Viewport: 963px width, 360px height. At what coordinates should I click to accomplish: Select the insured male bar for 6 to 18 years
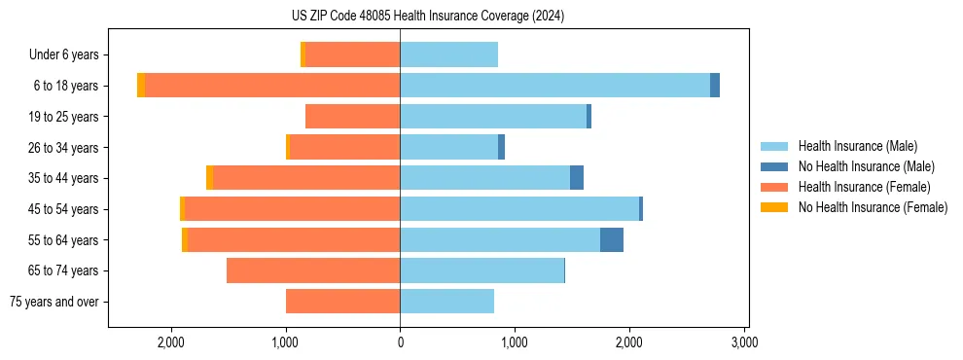coord(554,86)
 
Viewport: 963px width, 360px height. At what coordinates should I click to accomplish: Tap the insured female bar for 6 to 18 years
coord(272,86)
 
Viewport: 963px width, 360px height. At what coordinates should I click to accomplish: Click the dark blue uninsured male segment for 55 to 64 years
coord(611,239)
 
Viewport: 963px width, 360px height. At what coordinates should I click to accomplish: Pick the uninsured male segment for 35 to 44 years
coord(577,178)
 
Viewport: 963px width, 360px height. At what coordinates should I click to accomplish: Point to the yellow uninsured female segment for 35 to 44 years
coord(209,178)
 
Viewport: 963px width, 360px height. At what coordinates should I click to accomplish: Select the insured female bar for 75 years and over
coord(342,302)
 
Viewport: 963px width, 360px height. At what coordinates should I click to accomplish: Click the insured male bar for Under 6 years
coord(448,54)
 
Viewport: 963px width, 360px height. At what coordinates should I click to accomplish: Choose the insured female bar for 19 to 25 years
coord(352,117)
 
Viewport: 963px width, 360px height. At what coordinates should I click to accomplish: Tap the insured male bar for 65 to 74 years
coord(481,270)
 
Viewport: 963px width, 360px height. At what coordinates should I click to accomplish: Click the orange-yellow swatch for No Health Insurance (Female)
coord(774,207)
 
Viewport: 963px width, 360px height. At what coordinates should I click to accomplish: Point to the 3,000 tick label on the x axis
coord(743,342)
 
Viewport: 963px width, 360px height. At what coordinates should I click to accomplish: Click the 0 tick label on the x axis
coord(400,342)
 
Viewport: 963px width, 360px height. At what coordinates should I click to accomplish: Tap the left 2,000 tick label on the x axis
coord(171,342)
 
